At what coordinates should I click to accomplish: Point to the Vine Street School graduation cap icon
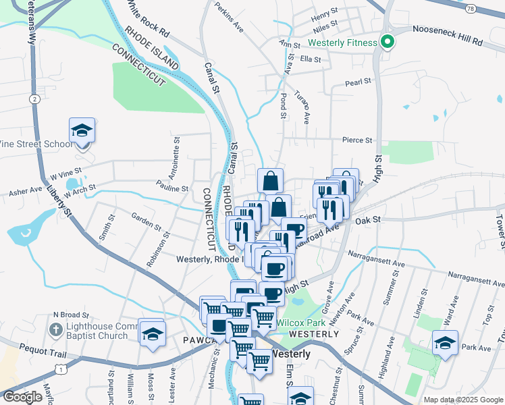[82, 131]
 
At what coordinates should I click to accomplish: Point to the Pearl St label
[358, 82]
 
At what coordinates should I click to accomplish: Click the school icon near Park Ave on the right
[446, 343]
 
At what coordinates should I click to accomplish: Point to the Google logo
[23, 397]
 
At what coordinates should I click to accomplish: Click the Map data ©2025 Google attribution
[463, 400]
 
